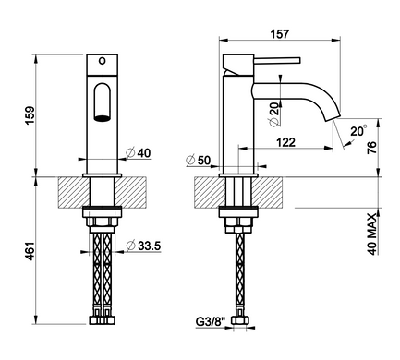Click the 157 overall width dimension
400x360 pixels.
pos(280,34)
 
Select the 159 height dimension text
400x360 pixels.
pos(30,115)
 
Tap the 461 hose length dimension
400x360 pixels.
pos(30,251)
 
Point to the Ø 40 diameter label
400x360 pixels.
pos(139,153)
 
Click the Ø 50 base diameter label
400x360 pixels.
pos(199,160)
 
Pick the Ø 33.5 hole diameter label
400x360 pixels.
pos(144,246)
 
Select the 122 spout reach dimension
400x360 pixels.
pos(285,142)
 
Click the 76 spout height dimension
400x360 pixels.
pos(372,148)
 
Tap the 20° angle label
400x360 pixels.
pos(358,131)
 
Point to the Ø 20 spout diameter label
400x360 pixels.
pos(273,113)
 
